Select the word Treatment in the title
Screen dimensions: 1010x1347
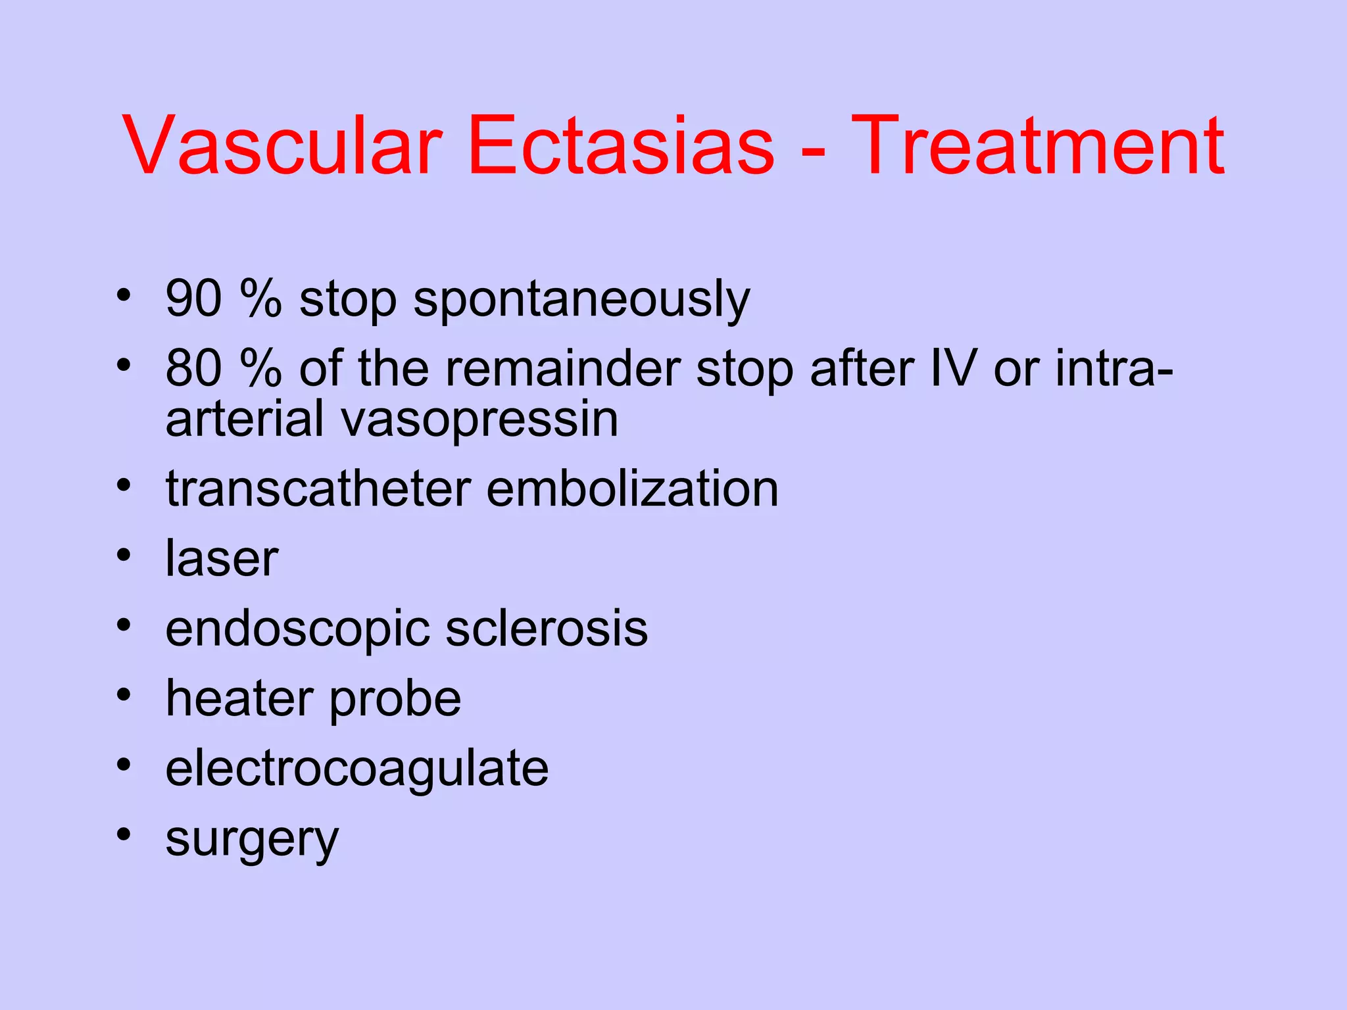pos(1037,146)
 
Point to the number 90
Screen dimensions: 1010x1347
pos(193,299)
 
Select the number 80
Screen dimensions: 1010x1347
pos(193,368)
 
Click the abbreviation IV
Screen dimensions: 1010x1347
pos(954,368)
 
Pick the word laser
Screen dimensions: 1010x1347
pos(222,559)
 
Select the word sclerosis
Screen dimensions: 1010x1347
pos(547,629)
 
